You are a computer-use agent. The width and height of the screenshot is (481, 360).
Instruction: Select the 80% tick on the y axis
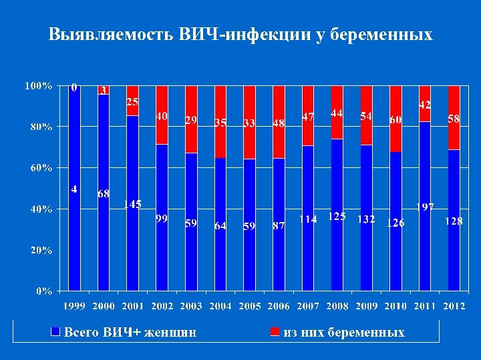pyautogui.click(x=37, y=127)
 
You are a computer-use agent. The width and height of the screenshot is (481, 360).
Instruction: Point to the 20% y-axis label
pyautogui.click(x=37, y=251)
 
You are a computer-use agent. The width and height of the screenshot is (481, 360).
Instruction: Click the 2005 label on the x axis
pyautogui.click(x=250, y=306)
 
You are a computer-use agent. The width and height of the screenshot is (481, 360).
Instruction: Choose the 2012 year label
pyautogui.click(x=454, y=306)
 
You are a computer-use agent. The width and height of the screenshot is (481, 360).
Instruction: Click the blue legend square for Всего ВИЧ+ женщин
pyautogui.click(x=56, y=331)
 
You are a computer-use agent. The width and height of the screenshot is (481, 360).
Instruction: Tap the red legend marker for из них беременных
pyautogui.click(x=275, y=331)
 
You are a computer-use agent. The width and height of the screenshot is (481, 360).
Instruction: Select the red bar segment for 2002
pyautogui.click(x=162, y=115)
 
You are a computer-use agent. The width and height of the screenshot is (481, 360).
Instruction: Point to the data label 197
pyautogui.click(x=426, y=207)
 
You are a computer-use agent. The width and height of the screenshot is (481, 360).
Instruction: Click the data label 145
pyautogui.click(x=132, y=205)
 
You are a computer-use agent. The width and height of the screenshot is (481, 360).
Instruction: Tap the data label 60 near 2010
pyautogui.click(x=396, y=119)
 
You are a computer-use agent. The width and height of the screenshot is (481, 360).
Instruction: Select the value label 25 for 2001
pyautogui.click(x=133, y=102)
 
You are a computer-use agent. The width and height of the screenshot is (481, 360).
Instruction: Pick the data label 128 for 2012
pyautogui.click(x=454, y=221)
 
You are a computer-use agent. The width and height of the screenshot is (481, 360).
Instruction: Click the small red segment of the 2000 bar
pyautogui.click(x=104, y=90)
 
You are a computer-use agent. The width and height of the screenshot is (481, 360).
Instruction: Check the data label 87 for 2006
pyautogui.click(x=279, y=226)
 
